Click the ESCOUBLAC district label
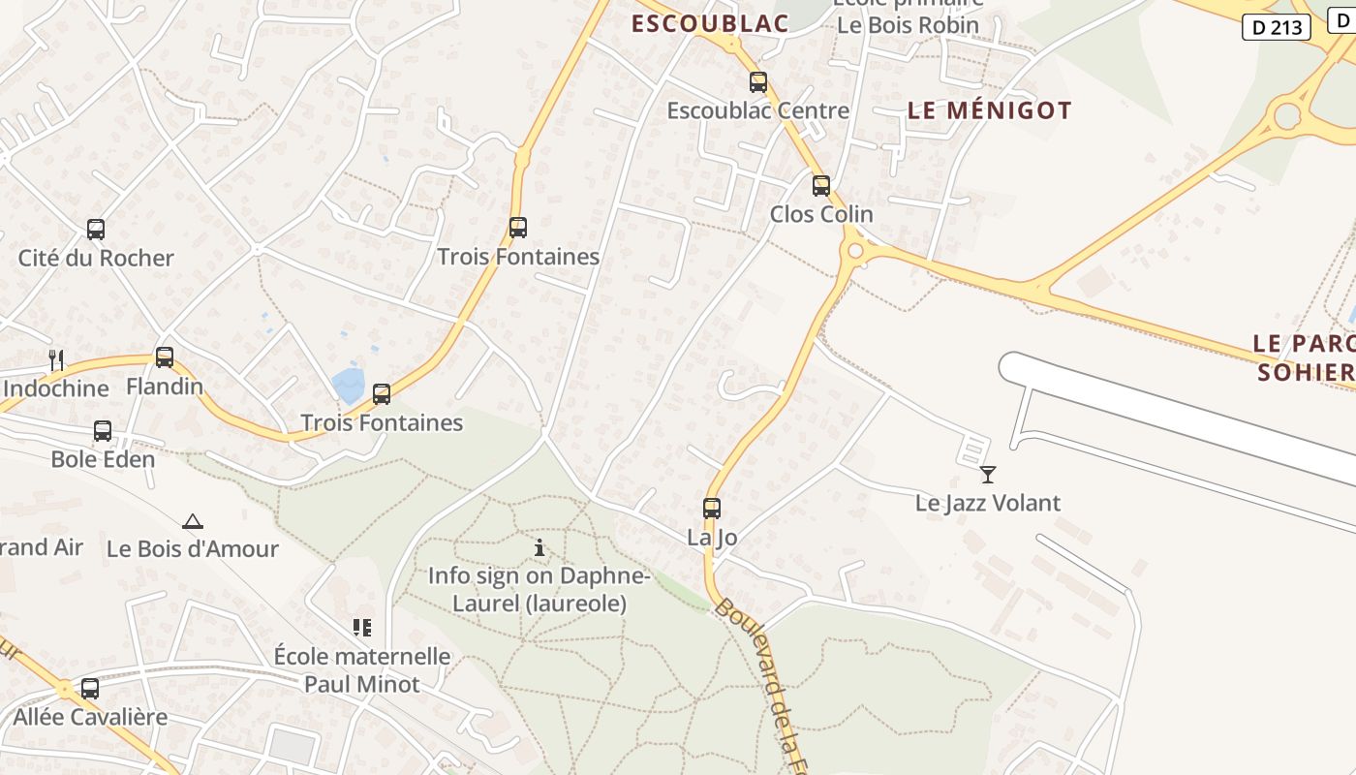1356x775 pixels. tap(710, 24)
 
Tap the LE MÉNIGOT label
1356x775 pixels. tap(989, 110)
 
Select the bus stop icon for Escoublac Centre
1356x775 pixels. tap(758, 82)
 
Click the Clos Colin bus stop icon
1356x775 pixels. tap(821, 185)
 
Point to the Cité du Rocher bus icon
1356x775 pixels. tap(96, 230)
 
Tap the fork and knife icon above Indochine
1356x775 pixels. tap(56, 360)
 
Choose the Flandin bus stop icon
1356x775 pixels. tap(165, 357)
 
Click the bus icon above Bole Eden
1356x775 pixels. tap(103, 431)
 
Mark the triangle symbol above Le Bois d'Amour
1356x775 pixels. tap(193, 522)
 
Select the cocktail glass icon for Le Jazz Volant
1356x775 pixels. tap(988, 475)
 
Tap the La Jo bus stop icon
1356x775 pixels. tap(712, 508)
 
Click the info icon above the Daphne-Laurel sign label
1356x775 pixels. tap(539, 548)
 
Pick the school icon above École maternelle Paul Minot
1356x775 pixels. tap(362, 628)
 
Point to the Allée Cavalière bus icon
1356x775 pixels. tap(90, 689)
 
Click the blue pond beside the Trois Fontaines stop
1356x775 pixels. tap(348, 385)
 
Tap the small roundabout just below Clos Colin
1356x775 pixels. tap(855, 252)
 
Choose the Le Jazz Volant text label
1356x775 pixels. tap(988, 503)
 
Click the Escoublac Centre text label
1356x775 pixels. tap(757, 110)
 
